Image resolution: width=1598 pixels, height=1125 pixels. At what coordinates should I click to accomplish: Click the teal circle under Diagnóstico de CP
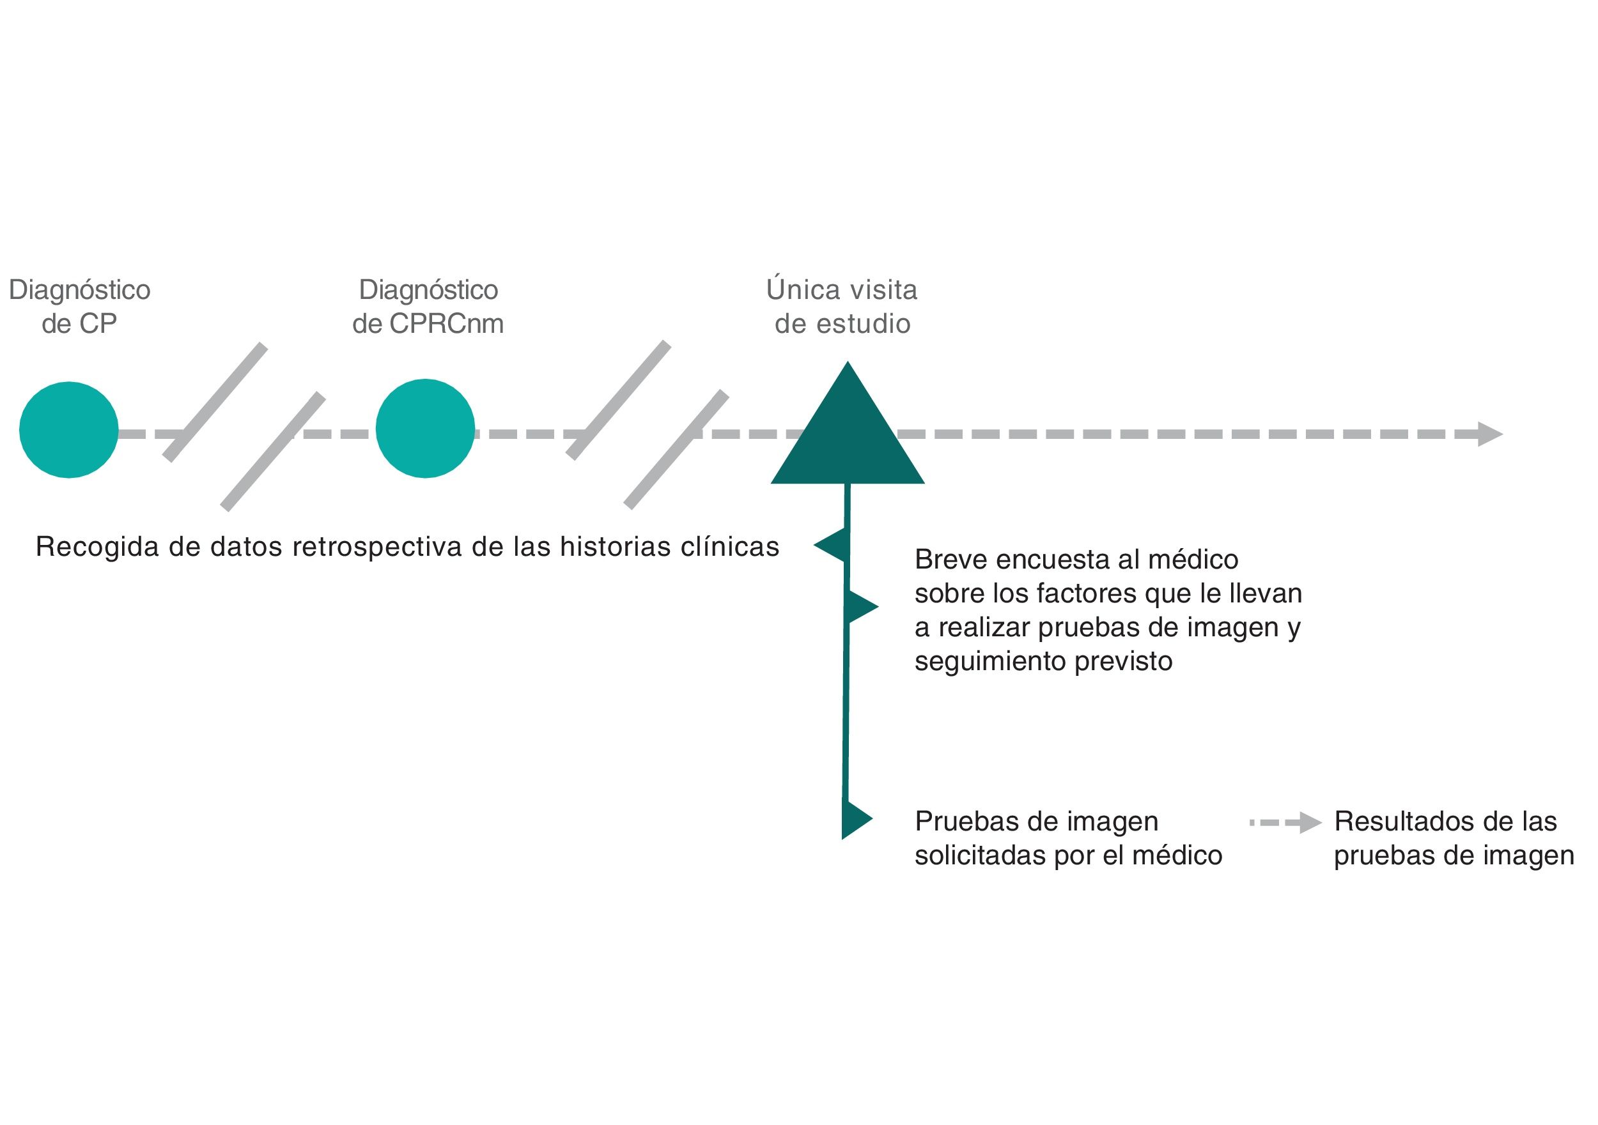point(69,430)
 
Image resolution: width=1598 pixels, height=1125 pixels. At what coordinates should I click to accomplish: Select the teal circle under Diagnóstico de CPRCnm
point(425,429)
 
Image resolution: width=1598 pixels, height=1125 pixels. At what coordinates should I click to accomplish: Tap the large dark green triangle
point(847,438)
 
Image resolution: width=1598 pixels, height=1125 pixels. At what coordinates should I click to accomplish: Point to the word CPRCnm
point(446,324)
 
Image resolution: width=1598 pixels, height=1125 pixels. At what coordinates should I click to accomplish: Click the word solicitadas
point(980,856)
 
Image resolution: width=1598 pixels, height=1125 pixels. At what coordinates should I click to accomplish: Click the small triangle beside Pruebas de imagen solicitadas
point(855,819)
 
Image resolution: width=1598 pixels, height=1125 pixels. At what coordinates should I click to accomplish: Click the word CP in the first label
point(98,324)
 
